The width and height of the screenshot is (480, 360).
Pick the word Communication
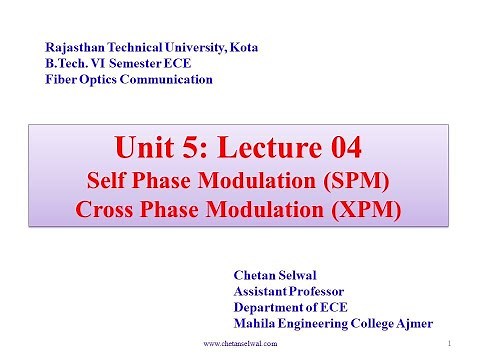170,79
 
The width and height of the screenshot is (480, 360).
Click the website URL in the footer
240,343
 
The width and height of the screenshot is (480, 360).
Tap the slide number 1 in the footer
452,343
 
